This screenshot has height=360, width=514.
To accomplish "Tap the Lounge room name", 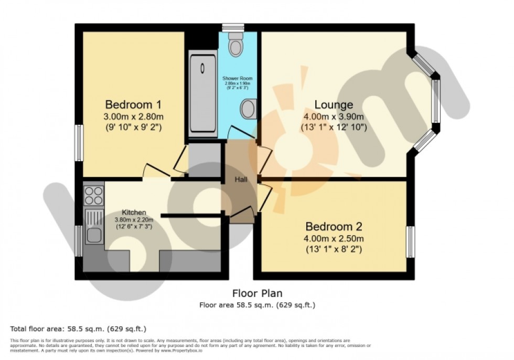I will click(334, 104).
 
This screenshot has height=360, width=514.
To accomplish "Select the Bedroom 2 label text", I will click(334, 227).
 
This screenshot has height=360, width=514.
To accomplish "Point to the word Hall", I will click(241, 180).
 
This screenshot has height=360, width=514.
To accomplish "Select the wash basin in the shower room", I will click(248, 109).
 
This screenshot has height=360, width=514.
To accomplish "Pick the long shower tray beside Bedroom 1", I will click(202, 93).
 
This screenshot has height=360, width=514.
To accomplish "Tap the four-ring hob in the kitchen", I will click(94, 196).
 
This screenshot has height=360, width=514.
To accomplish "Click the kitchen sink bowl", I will click(94, 236).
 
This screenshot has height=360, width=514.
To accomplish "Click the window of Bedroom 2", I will click(411, 241).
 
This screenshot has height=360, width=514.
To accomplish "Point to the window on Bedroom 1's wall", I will click(78, 142).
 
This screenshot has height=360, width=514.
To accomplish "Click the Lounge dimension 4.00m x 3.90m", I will click(334, 117).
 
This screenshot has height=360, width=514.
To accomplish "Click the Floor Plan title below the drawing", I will click(257, 293).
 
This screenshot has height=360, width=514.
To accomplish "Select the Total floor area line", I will click(78, 329).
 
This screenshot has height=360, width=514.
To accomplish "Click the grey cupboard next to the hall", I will click(205, 160).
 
